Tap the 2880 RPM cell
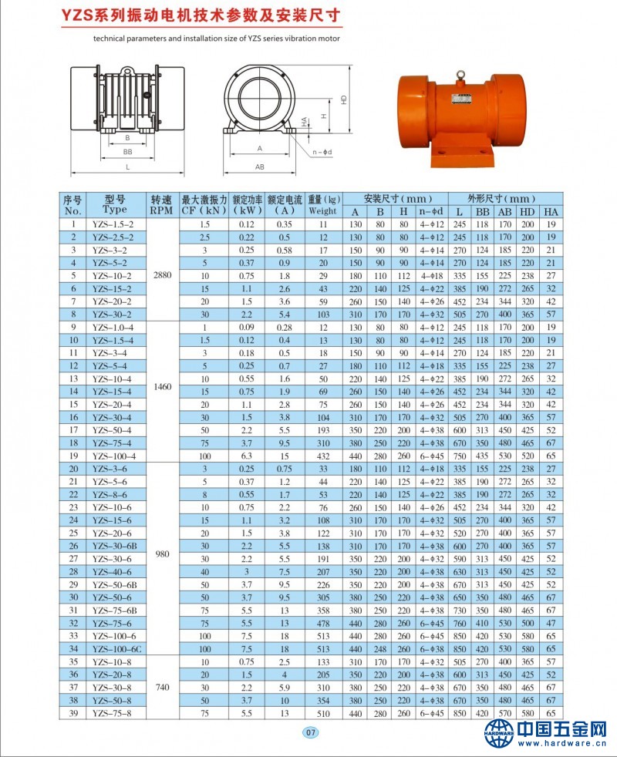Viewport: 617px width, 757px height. pyautogui.click(x=162, y=275)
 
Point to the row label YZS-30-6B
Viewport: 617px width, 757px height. pyautogui.click(x=113, y=546)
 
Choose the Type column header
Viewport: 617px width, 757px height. pyautogui.click(x=113, y=205)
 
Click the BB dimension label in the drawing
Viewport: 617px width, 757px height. pyautogui.click(x=127, y=152)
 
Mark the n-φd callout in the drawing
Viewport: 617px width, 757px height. pyautogui.click(x=322, y=152)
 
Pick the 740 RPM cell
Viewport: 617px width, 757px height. pyautogui.click(x=162, y=686)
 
